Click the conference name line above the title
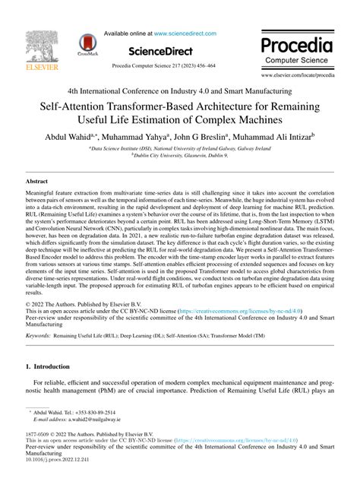(179, 88)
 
